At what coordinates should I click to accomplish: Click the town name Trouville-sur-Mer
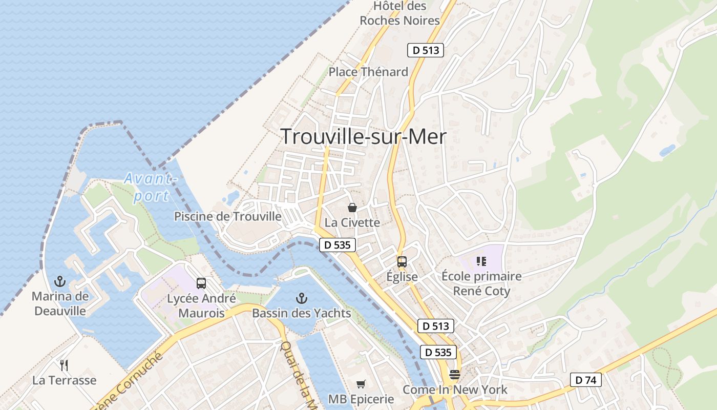(364, 137)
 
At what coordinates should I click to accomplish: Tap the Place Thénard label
(368, 72)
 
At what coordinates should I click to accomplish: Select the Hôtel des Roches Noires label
(400, 13)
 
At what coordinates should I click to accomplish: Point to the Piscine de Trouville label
(228, 216)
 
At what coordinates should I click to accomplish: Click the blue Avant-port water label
(149, 187)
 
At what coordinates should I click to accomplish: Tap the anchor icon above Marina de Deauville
(60, 281)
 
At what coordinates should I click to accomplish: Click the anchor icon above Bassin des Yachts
(302, 298)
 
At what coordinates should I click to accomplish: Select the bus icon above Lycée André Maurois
(201, 283)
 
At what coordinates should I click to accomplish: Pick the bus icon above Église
(402, 261)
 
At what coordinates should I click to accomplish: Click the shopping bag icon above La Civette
(352, 208)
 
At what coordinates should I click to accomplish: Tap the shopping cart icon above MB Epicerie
(361, 384)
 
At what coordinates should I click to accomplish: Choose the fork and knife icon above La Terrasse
(64, 365)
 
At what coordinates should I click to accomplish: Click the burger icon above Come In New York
(455, 375)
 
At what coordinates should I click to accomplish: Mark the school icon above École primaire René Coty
(481, 261)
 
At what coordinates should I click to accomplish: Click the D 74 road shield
(586, 380)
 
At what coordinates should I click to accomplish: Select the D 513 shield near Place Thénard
(426, 50)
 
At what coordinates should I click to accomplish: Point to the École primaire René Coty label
(481, 284)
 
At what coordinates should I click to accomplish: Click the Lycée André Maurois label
(201, 306)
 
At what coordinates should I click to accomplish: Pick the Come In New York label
(455, 389)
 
